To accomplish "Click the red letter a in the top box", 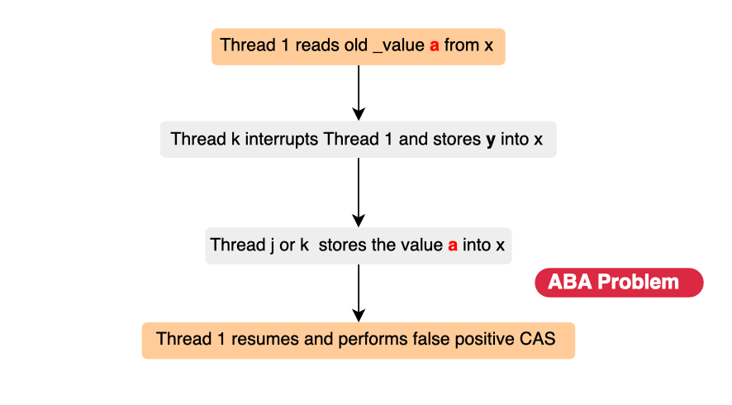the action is (x=434, y=46).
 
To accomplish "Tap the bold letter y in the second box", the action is (x=490, y=141).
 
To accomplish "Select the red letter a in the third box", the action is (x=453, y=245).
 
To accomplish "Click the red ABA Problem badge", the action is (x=619, y=283).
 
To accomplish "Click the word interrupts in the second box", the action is (x=282, y=139).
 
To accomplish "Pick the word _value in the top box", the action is (x=399, y=45).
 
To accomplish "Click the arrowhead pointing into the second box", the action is (x=359, y=114).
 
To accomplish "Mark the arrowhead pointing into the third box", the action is (x=359, y=221).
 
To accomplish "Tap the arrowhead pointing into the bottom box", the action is (x=359, y=315).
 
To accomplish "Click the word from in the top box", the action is (x=462, y=45).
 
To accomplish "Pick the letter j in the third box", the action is (x=272, y=245).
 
